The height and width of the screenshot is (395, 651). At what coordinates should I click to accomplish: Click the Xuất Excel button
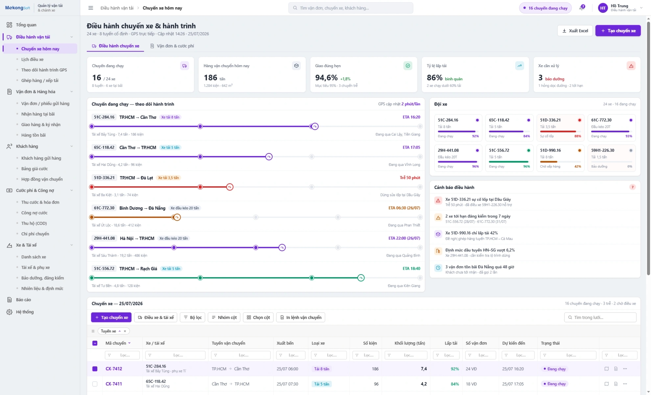click(575, 31)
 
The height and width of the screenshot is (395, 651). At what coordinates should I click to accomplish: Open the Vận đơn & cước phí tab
click(172, 46)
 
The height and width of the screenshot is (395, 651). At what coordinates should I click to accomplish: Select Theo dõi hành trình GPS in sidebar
click(44, 70)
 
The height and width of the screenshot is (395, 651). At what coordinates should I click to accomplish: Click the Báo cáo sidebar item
click(23, 300)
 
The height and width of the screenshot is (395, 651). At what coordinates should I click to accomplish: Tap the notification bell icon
click(582, 7)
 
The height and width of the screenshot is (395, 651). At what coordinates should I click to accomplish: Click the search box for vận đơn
click(351, 8)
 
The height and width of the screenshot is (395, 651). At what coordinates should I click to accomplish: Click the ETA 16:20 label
click(411, 117)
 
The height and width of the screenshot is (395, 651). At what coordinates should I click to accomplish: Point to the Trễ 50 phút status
click(410, 178)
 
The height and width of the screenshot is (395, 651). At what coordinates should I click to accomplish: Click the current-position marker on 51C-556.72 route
click(361, 278)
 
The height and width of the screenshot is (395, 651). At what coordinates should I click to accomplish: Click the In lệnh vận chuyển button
click(301, 317)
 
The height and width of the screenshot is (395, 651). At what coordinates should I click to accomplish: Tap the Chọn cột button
click(258, 317)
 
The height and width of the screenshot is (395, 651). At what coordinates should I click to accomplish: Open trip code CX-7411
click(114, 384)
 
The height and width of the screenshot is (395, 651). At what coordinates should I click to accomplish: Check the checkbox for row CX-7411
click(95, 384)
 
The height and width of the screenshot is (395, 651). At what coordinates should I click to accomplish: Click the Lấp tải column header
click(451, 343)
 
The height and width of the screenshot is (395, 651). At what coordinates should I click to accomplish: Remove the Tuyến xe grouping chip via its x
click(125, 331)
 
